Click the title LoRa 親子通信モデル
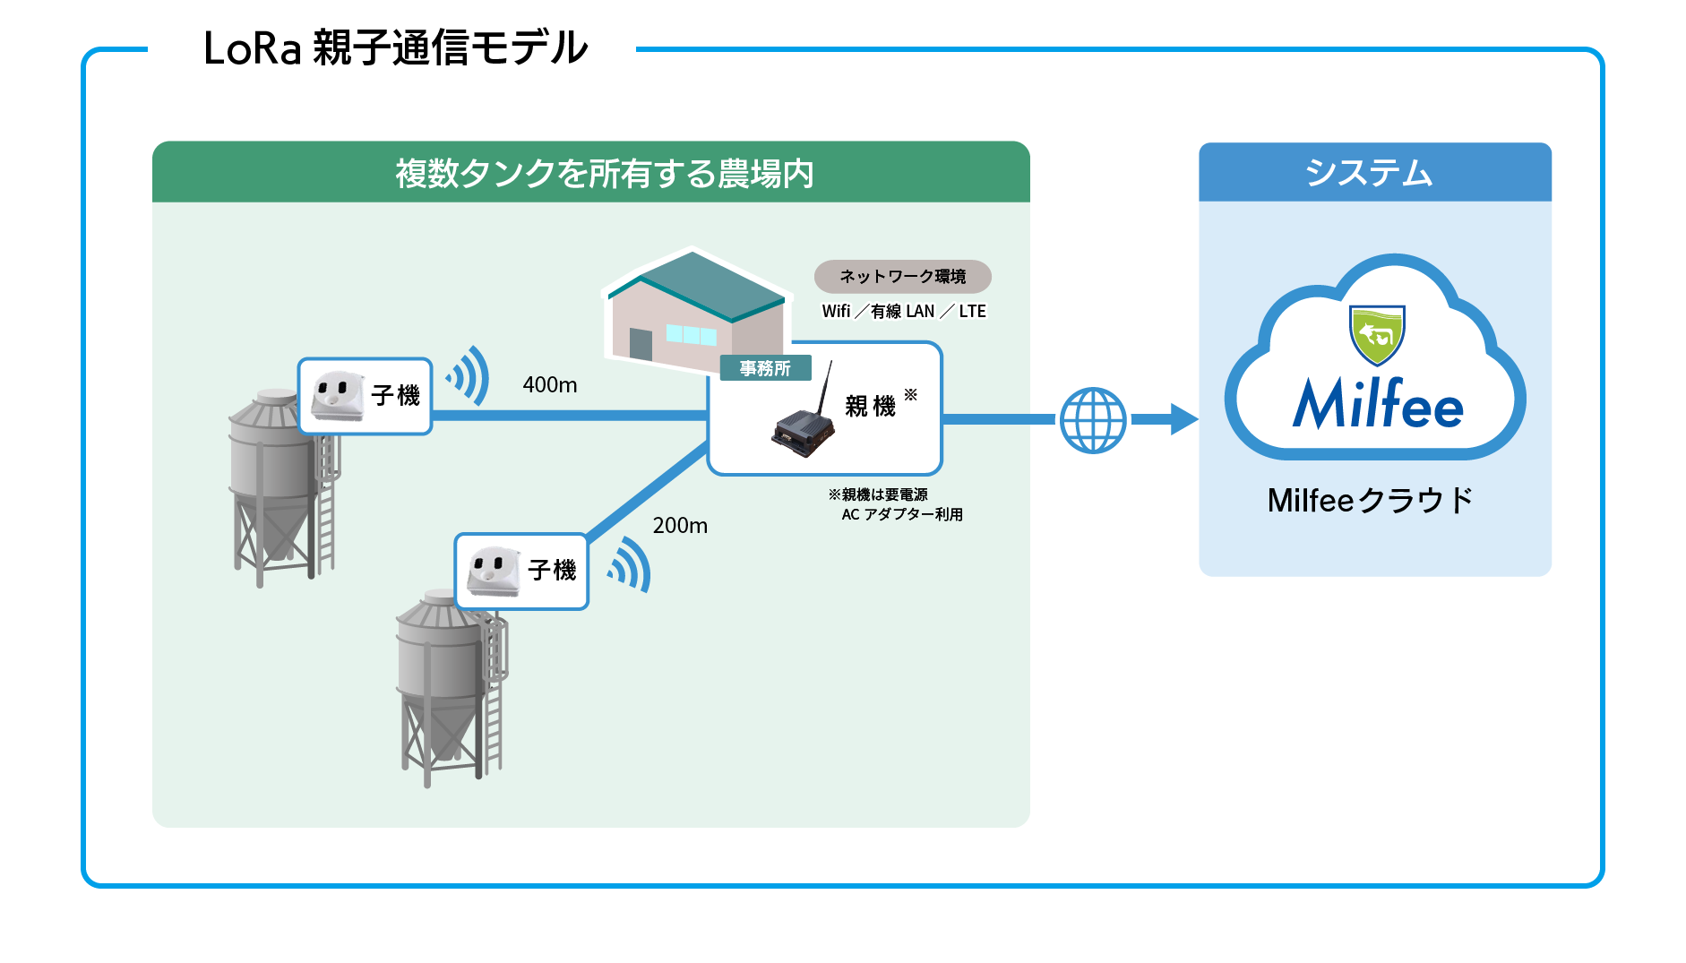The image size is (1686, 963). pos(395,48)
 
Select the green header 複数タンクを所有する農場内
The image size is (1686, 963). pos(605,173)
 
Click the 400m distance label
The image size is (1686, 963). pos(550,385)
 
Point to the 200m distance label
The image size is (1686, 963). pos(680,526)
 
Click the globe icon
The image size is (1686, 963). pos(1093,420)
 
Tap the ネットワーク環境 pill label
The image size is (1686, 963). pos(902,277)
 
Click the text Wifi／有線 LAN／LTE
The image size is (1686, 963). pos(904,312)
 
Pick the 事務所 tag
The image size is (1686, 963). pos(765,368)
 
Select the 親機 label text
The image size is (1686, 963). pos(870,406)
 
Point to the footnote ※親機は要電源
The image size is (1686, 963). pos(878,494)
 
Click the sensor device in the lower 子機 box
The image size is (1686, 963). pos(493,571)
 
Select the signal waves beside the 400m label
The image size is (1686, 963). pos(469,375)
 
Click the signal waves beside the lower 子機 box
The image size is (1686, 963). pos(630,564)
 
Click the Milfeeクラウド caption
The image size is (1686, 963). pos(1370,500)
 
